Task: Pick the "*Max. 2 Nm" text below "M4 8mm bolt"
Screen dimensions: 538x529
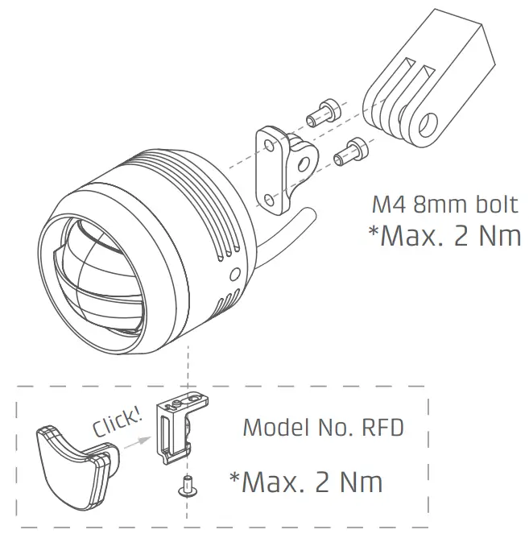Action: [x=444, y=236]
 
